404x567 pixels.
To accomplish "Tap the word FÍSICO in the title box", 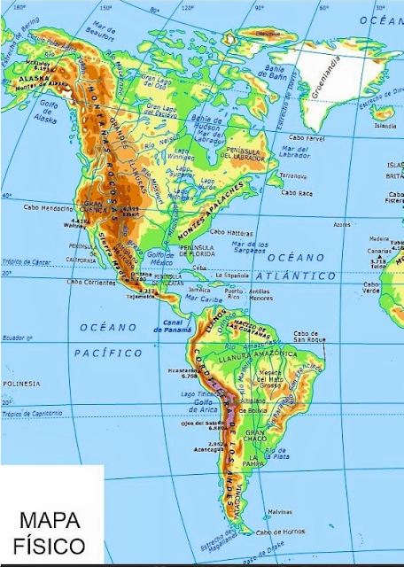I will click(x=51, y=543).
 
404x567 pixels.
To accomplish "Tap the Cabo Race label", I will click(x=295, y=192).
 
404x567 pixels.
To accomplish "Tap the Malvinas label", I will click(x=279, y=511).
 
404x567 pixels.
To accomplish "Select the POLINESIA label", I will click(x=21, y=383).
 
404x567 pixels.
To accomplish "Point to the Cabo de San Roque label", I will click(x=312, y=337).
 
